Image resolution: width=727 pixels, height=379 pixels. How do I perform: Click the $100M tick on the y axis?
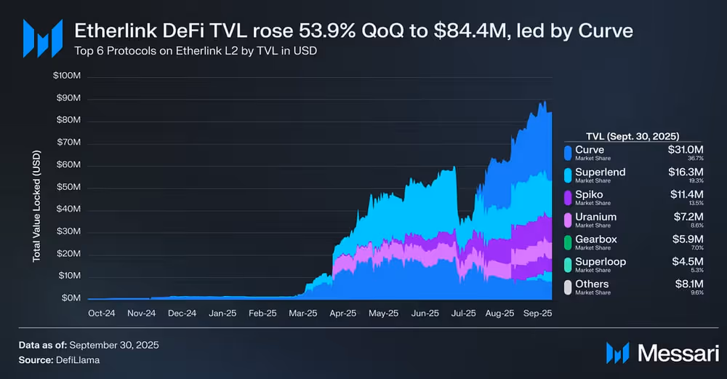coord(67,76)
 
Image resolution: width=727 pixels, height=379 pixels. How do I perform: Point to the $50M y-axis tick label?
coord(68,188)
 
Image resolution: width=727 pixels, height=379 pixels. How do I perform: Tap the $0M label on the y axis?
coord(71,298)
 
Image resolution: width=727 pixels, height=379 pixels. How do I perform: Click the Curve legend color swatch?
coord(567,152)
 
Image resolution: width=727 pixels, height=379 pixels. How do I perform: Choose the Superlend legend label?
coord(601,172)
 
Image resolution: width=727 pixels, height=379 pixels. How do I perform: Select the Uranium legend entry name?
coord(595,217)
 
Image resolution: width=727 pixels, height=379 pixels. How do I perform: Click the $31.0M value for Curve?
coord(686,150)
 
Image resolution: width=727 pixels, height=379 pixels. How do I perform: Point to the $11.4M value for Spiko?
coord(686,194)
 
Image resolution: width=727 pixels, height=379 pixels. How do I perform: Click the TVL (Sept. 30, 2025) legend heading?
coord(632,137)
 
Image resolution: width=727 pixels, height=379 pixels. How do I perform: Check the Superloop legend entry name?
coord(601,261)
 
